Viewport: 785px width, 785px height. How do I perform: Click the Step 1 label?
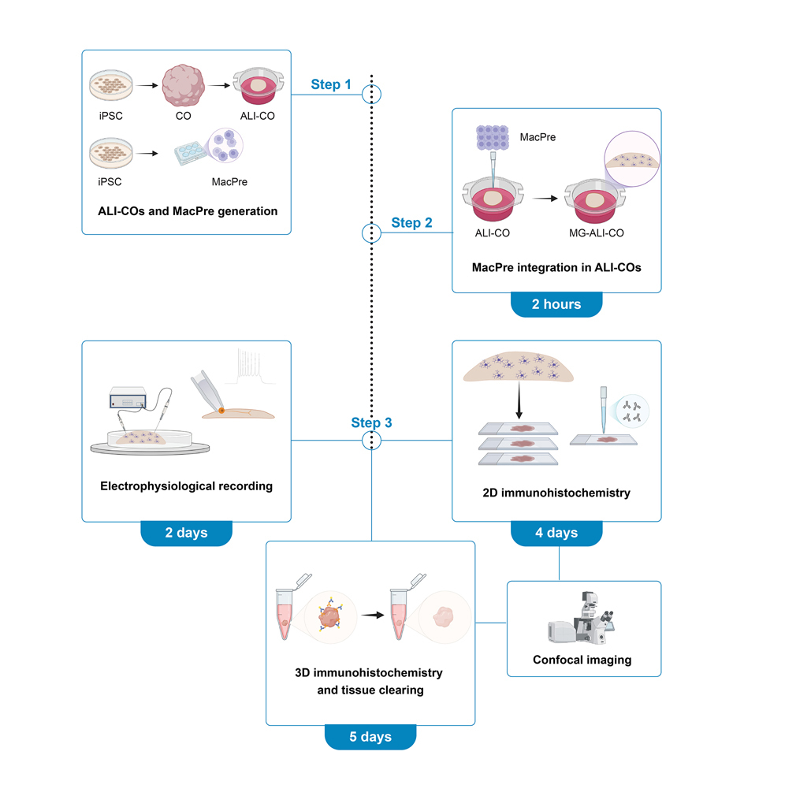[x=330, y=84]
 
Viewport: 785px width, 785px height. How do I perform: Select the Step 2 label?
[x=411, y=223]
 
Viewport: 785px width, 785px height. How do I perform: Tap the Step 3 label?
[x=371, y=422]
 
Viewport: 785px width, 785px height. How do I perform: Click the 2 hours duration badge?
[x=556, y=304]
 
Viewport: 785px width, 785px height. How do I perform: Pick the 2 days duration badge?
[x=186, y=533]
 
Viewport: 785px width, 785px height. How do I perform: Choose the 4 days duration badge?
[x=556, y=533]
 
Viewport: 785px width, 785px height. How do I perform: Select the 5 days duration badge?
[x=370, y=737]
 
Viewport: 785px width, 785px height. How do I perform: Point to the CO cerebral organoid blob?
[x=183, y=87]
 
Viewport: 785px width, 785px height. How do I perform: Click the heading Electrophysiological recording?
[x=186, y=486]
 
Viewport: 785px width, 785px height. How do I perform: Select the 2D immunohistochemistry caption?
[x=556, y=493]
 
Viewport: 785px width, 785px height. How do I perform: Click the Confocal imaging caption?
[x=582, y=660]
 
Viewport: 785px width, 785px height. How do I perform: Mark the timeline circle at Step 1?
[x=371, y=95]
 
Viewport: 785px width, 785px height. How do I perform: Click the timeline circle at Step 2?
[x=371, y=233]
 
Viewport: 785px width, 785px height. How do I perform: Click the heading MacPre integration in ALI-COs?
[x=556, y=267]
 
